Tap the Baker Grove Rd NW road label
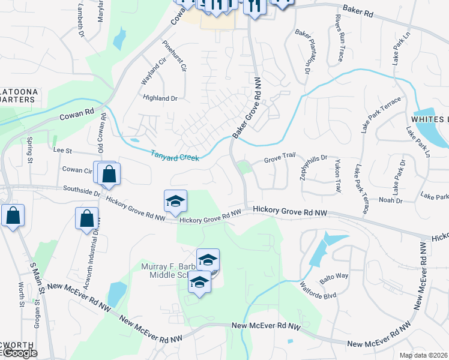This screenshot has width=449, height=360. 249,109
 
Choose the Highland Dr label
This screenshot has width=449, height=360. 160,98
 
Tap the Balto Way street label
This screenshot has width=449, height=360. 334,276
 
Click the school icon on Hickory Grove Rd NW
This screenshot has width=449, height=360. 175,202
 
